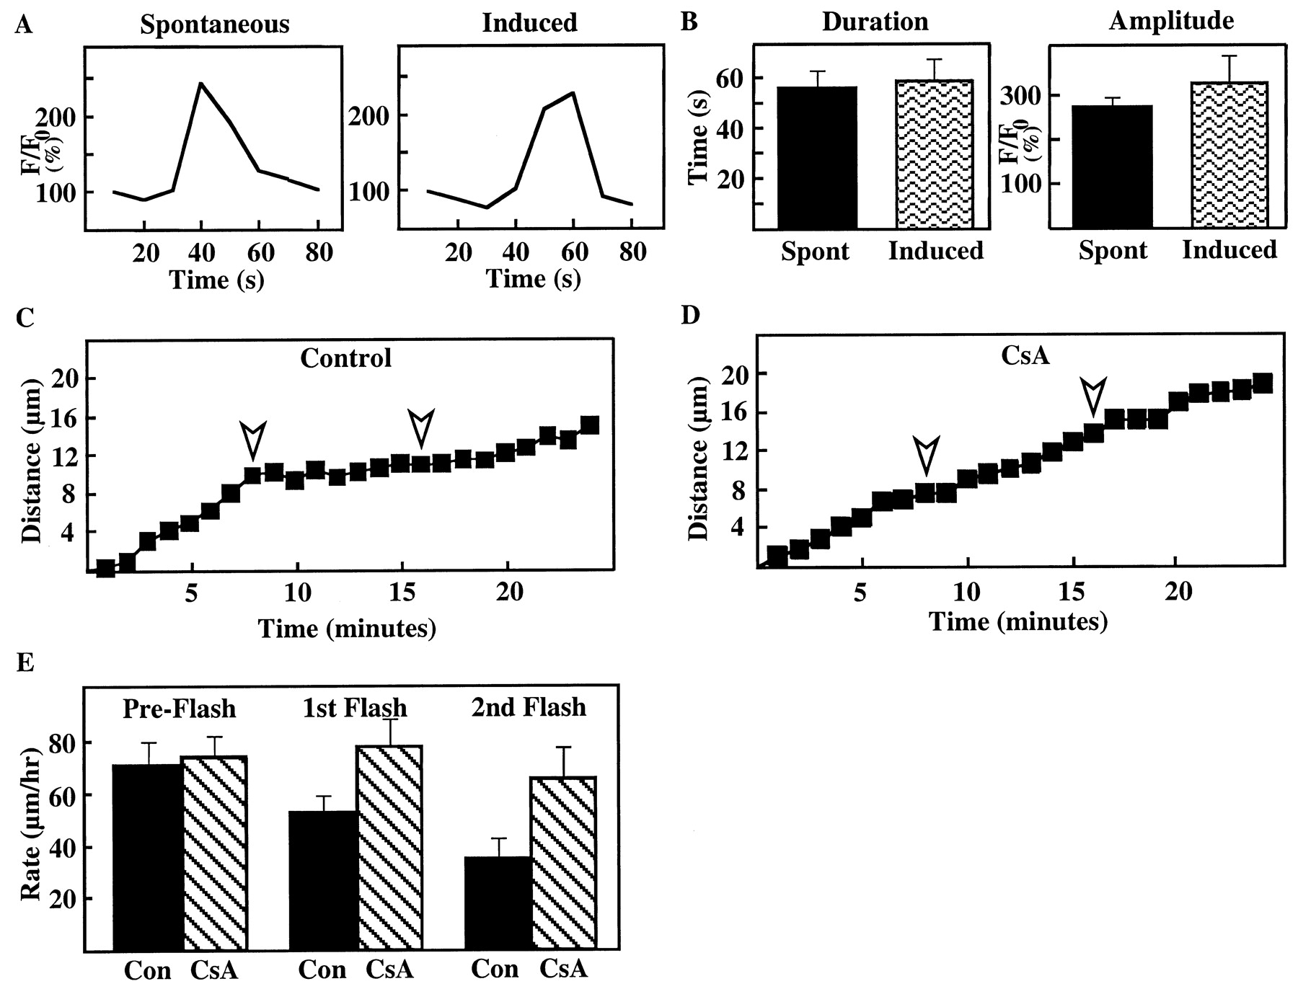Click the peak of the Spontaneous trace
(200, 84)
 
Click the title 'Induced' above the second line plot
(529, 22)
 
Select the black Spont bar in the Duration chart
(816, 157)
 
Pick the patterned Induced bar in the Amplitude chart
(1229, 155)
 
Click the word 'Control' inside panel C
(345, 358)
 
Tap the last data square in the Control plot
(589, 425)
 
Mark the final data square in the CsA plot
(1262, 383)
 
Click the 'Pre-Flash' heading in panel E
(179, 709)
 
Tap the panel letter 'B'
(689, 22)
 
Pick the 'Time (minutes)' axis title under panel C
(347, 629)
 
